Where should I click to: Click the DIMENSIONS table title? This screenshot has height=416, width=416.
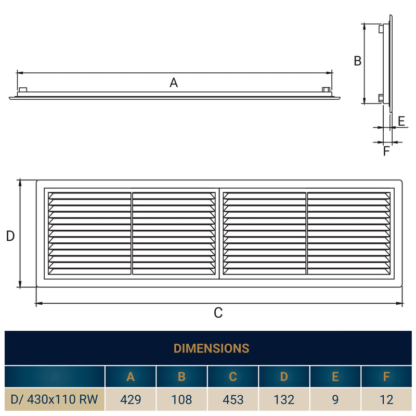211,348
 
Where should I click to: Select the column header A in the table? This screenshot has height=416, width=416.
131,377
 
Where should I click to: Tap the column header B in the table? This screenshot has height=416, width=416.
181,377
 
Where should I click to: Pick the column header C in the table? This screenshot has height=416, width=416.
233,377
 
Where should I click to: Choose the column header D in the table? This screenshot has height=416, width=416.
284,377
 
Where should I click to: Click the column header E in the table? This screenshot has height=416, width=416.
335,377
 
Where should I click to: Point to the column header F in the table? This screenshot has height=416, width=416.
386,377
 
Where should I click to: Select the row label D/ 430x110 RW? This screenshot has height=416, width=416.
55,400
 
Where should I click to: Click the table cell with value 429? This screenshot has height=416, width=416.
131,400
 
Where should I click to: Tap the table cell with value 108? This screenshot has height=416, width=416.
181,400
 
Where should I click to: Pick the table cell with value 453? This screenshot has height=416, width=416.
233,400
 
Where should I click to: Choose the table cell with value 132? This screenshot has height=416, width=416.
284,400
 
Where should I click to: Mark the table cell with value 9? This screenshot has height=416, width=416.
335,400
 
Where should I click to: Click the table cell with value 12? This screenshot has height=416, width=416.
386,400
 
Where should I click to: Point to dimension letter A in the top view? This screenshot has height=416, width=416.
174,82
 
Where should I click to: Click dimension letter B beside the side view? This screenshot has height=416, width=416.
357,61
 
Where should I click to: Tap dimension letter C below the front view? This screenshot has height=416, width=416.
218,313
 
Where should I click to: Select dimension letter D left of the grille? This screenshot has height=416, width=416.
10,236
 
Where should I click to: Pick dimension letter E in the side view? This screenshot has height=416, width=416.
401,121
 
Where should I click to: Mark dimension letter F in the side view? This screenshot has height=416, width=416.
386,151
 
